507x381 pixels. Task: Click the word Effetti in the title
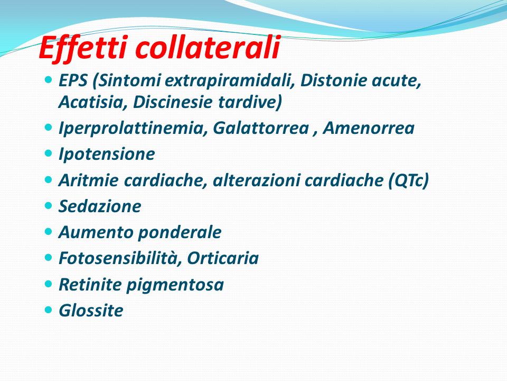tap(84, 48)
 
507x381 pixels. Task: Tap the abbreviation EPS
tap(73, 80)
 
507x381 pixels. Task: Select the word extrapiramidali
tap(230, 81)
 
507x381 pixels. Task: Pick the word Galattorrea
tap(261, 128)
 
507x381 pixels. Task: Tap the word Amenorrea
tap(369, 128)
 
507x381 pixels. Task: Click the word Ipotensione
tap(107, 155)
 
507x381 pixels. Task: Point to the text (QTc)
tap(408, 180)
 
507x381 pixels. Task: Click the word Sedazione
tap(100, 206)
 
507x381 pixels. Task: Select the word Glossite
tap(91, 311)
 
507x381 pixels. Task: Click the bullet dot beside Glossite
tap(48, 310)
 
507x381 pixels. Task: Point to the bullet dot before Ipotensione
tap(48, 153)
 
